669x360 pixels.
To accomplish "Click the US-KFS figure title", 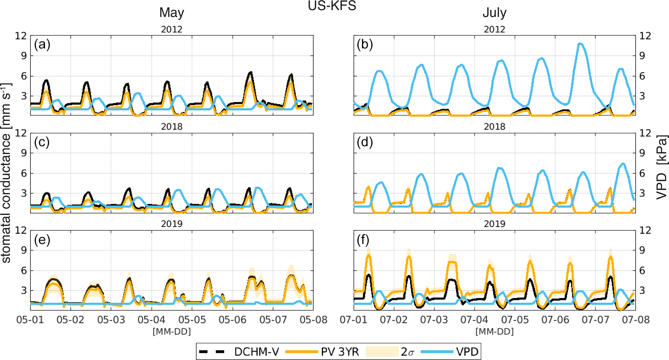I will [x=332, y=6].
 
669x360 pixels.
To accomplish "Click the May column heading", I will [x=172, y=13].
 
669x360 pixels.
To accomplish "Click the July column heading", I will [x=494, y=13].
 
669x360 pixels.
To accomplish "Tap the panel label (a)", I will [x=42, y=44].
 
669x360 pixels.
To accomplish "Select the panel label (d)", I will [x=365, y=142].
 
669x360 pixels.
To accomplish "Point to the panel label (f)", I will [x=363, y=240].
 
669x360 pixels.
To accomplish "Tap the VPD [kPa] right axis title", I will [x=662, y=167].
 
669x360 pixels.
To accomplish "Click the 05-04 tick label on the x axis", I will [x=151, y=320].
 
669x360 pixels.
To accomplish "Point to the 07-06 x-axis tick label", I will [x=555, y=320].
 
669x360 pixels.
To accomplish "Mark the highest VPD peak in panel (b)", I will [x=580, y=43].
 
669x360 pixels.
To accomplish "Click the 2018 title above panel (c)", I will [x=172, y=127].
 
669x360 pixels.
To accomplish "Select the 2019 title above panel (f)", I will [x=494, y=224].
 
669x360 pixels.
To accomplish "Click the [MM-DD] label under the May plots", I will [x=172, y=332].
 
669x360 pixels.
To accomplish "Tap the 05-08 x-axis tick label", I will [x=313, y=320].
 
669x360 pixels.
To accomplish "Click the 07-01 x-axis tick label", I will [x=353, y=320].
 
